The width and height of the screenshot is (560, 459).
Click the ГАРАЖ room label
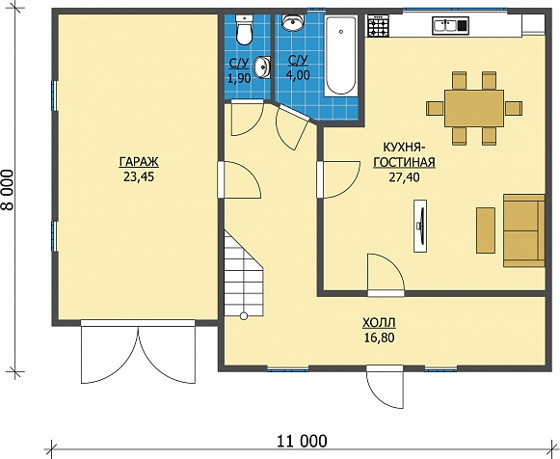point(139,162)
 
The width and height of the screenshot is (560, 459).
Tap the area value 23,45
point(139,176)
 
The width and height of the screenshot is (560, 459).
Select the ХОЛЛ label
point(379,323)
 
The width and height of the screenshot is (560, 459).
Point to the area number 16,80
point(379,337)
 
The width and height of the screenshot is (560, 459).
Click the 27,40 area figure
point(404,177)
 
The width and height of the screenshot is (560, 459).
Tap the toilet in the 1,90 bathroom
point(245,30)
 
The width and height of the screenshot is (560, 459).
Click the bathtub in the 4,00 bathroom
point(340,55)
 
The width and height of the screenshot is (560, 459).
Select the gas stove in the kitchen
point(378,26)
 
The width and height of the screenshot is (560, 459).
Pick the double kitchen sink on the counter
point(450,25)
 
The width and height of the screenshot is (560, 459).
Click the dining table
point(474,108)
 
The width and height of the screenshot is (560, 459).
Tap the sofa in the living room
point(524,230)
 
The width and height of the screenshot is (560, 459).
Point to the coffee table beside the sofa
point(486,230)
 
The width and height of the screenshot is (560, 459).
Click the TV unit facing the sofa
point(420,226)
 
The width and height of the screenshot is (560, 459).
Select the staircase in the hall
point(244,274)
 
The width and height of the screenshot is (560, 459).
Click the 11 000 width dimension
point(302,442)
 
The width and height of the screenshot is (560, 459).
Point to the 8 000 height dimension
point(9,190)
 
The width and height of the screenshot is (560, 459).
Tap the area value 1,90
point(239,78)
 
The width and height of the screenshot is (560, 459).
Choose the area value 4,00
point(298,75)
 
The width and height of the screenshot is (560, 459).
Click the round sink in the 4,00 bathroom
point(293,23)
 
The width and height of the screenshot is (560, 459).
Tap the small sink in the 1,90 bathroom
point(262,67)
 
